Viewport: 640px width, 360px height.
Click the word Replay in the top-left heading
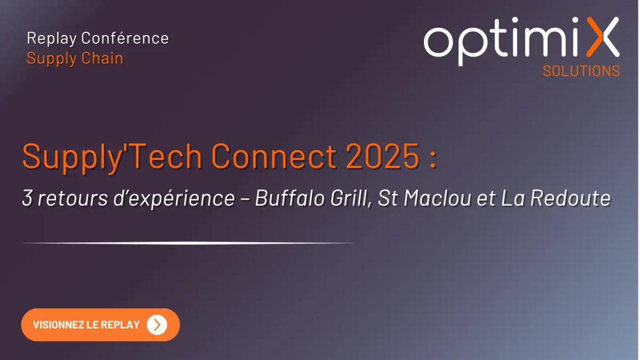pyautogui.click(x=52, y=38)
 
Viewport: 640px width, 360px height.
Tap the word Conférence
pyautogui.click(x=125, y=38)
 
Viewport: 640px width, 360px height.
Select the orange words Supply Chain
pyautogui.click(x=75, y=59)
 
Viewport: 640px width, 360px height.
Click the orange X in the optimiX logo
pyautogui.click(x=603, y=37)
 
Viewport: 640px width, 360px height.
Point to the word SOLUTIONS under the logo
pyautogui.click(x=581, y=71)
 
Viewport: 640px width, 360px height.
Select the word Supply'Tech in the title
pyautogui.click(x=113, y=158)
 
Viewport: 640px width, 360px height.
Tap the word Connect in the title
pyautogui.click(x=274, y=157)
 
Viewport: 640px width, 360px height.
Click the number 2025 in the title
pyautogui.click(x=382, y=157)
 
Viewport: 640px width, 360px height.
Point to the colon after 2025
pyautogui.click(x=433, y=159)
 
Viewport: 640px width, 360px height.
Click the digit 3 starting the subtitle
pyautogui.click(x=27, y=198)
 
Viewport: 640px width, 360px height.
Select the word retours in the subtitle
pyautogui.click(x=73, y=198)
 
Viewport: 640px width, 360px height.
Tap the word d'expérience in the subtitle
pyautogui.click(x=174, y=199)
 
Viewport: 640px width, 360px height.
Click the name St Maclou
pyautogui.click(x=425, y=198)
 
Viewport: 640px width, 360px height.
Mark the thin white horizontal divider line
pyautogui.click(x=188, y=243)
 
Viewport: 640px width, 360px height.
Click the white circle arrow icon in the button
pyautogui.click(x=157, y=325)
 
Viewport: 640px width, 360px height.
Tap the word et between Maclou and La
pyautogui.click(x=486, y=199)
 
